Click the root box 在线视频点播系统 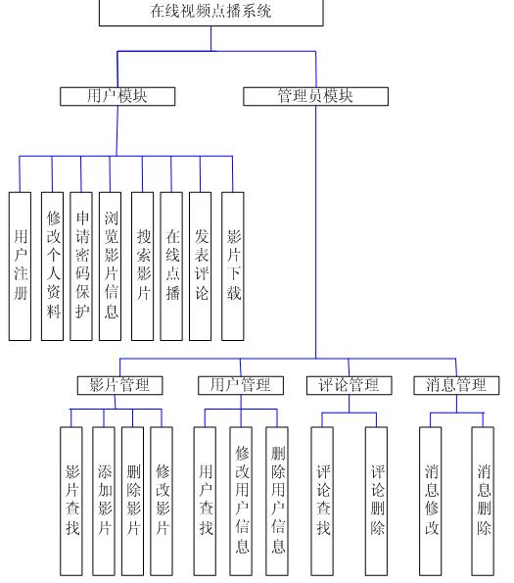point(210,13)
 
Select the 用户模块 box point(117,96)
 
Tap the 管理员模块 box point(315,96)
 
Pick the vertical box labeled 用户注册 point(20,267)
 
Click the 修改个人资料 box point(52,267)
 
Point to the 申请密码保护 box point(81,267)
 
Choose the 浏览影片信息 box point(111,267)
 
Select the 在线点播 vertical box point(171,267)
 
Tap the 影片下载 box point(233,267)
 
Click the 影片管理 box point(120,385)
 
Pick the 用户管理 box point(241,385)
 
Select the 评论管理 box point(350,385)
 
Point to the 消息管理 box point(456,385)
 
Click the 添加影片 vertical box point(104,502)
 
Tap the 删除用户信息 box point(277,502)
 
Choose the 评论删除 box point(377,502)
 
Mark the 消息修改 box point(431,502)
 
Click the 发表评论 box point(201,267)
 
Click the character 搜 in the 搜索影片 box point(143,236)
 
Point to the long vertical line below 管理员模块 point(316,232)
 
